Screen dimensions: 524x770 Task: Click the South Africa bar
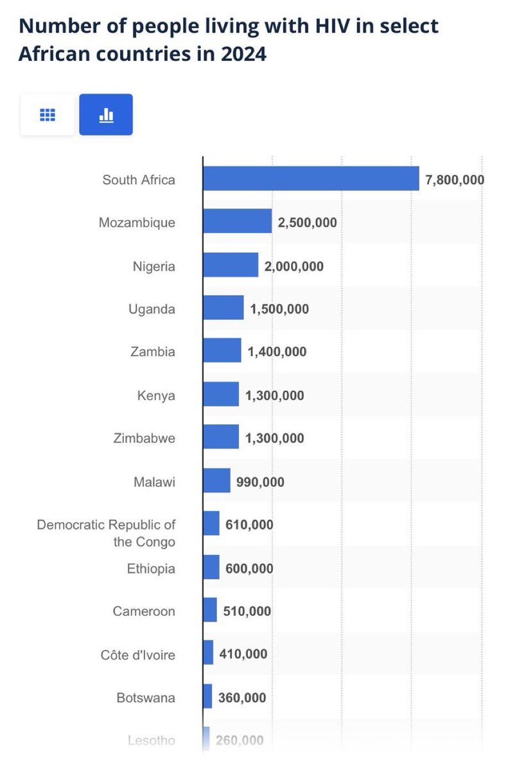(311, 178)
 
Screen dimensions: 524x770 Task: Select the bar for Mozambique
(238, 221)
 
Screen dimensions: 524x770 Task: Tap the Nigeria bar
(231, 264)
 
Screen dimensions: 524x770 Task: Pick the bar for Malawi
(217, 480)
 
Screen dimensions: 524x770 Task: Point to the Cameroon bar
(210, 610)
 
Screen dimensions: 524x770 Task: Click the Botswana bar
(207, 696)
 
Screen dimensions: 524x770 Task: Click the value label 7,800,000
(455, 180)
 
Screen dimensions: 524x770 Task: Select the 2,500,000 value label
(307, 223)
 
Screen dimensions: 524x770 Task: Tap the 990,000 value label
(260, 482)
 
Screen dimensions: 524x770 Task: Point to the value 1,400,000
(277, 352)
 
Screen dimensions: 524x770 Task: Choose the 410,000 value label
(243, 654)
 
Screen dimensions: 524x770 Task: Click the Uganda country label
(152, 309)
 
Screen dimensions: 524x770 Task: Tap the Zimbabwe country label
(144, 438)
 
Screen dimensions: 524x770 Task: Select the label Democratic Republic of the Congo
(107, 533)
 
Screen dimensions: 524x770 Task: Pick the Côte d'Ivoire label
(138, 655)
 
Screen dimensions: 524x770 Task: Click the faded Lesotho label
(152, 740)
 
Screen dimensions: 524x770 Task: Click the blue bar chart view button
(106, 114)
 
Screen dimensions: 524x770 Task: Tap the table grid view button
(48, 114)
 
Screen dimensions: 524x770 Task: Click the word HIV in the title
(333, 26)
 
